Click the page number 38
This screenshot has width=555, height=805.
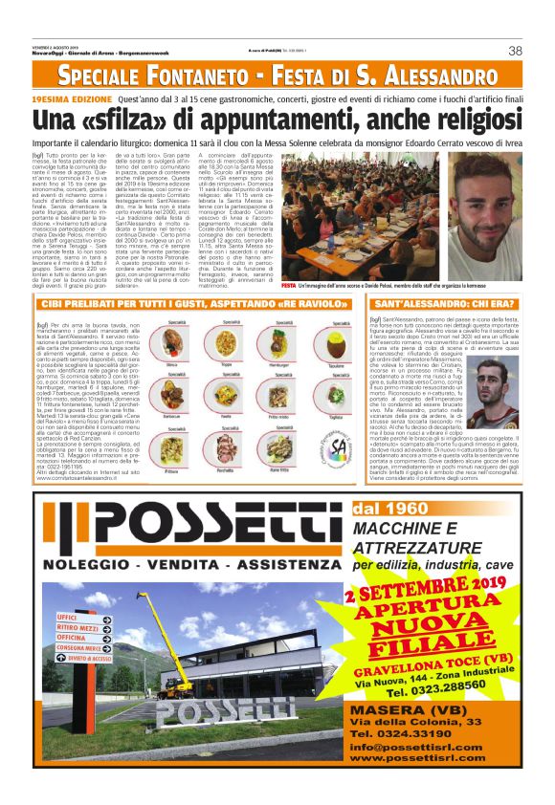point(515,51)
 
